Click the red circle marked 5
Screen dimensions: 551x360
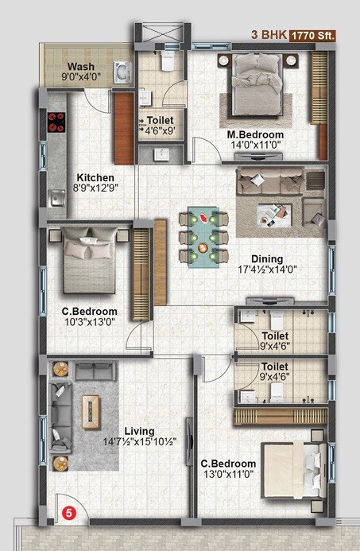click(x=68, y=514)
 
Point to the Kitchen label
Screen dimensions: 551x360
click(x=95, y=177)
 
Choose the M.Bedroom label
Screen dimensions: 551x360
click(x=255, y=134)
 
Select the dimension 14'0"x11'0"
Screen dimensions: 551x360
click(x=255, y=146)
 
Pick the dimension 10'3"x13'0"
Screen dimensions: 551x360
click(x=90, y=322)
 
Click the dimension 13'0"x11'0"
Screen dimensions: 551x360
click(x=228, y=475)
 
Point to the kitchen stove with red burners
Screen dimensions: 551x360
click(x=56, y=122)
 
